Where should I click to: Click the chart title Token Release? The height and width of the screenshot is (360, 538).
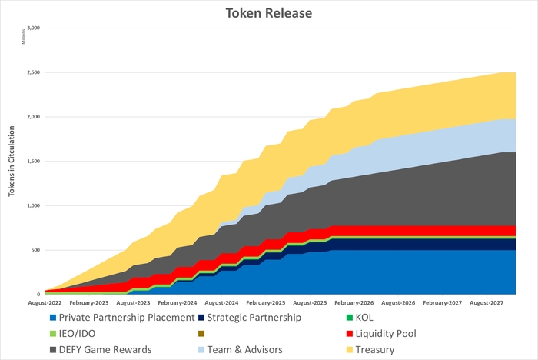click(x=268, y=13)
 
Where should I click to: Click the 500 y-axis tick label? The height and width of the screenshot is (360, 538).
click(x=35, y=250)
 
